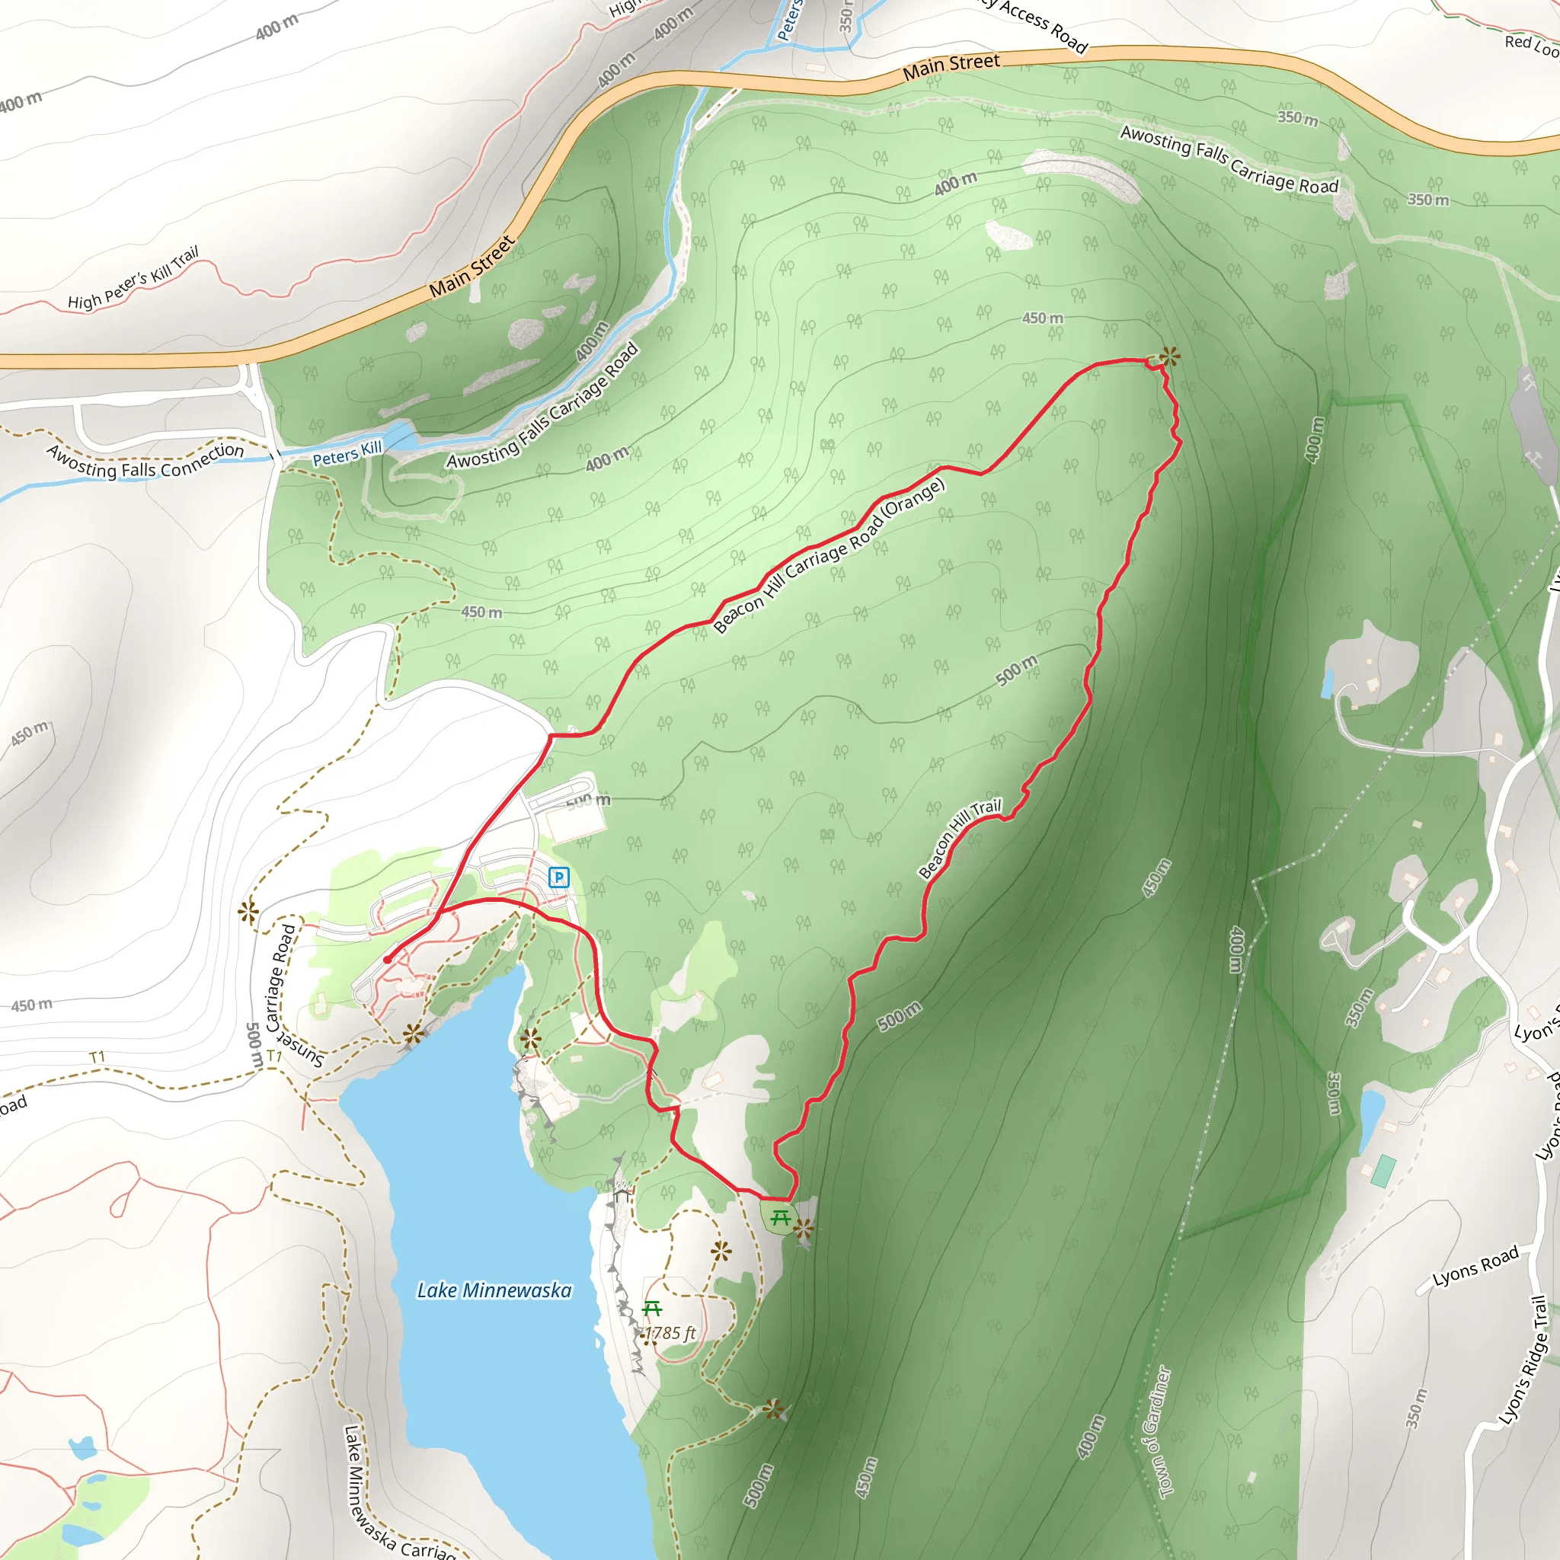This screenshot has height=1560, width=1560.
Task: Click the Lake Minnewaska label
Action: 494,1290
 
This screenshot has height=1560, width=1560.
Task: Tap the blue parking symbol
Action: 558,877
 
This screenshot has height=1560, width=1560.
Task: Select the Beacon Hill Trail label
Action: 959,839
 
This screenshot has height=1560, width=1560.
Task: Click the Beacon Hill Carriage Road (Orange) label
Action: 829,555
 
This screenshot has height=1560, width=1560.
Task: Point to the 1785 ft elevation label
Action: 670,1333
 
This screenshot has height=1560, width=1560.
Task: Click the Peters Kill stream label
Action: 347,453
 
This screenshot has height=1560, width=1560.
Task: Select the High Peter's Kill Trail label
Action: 133,279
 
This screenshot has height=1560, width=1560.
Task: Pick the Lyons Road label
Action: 1475,1267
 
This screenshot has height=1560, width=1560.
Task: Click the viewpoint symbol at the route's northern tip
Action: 1168,356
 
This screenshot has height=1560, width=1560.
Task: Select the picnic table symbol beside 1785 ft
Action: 651,1308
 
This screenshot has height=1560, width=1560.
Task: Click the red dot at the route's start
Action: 388,959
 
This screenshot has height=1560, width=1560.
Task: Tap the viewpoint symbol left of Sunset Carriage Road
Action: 248,913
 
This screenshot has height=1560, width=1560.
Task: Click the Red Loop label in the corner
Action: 1530,45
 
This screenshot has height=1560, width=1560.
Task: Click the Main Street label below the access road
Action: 951,66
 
